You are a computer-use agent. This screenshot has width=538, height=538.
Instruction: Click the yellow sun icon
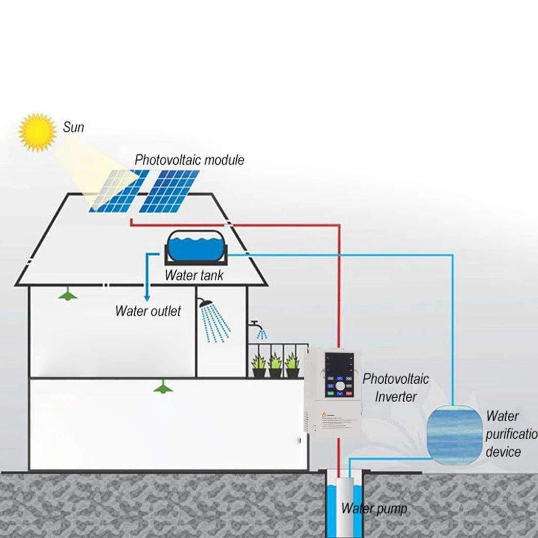click(x=37, y=132)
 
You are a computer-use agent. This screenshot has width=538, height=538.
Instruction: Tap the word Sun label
click(x=73, y=127)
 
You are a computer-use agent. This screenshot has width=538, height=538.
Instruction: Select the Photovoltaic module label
click(x=189, y=160)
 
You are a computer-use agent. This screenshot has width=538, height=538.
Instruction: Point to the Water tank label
click(x=194, y=275)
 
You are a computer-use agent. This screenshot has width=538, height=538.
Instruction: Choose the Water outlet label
click(x=148, y=311)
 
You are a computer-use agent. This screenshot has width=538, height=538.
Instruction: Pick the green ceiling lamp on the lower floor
click(x=163, y=388)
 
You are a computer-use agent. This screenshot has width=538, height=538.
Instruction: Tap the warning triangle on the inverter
click(x=324, y=413)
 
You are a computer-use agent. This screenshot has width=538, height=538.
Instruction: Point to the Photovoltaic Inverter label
click(x=396, y=387)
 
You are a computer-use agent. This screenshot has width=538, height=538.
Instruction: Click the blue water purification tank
click(x=454, y=434)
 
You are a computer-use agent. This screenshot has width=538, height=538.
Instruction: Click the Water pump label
click(x=374, y=509)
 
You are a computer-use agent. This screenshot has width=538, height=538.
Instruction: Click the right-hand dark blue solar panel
click(x=170, y=191)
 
